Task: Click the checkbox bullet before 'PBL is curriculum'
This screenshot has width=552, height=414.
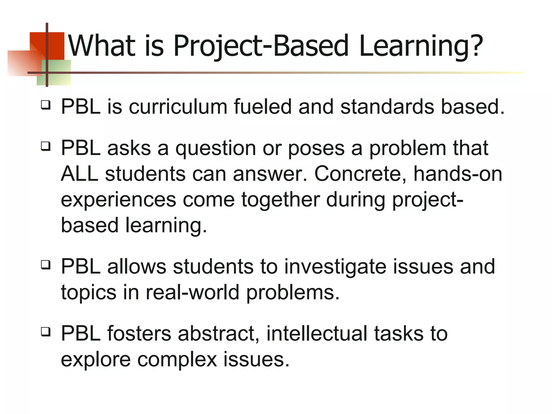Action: pos(46,105)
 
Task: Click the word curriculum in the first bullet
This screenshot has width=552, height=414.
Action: pos(178,107)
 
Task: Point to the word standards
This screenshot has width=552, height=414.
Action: pos(387,107)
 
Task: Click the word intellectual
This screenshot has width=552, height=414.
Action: pos(317,334)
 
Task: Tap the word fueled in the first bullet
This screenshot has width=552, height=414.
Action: pos(263,107)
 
